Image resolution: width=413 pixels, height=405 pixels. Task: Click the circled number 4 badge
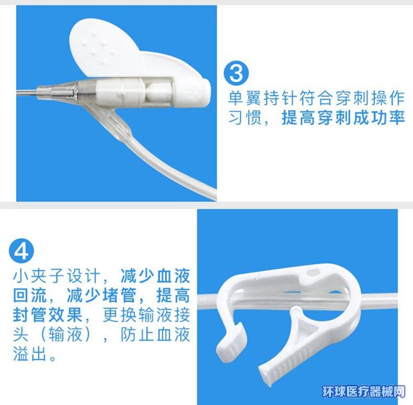click(21, 251)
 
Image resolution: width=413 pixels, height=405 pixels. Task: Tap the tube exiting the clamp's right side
click(378, 300)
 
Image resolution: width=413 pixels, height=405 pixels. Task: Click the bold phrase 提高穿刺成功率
click(343, 117)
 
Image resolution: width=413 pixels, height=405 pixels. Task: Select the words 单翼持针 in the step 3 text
click(255, 98)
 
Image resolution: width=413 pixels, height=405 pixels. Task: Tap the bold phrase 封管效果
click(48, 315)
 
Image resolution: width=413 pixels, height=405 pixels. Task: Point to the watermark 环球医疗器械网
click(364, 392)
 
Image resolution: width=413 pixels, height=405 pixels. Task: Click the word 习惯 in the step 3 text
click(245, 117)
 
